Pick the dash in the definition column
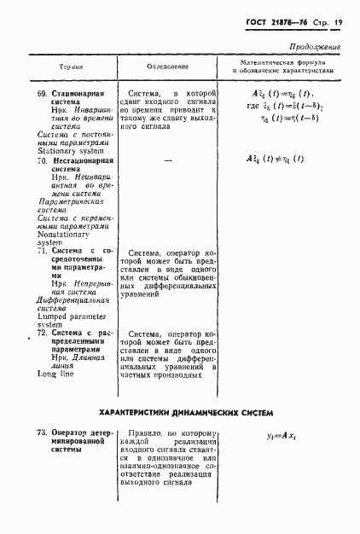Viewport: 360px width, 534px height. click(167, 160)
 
